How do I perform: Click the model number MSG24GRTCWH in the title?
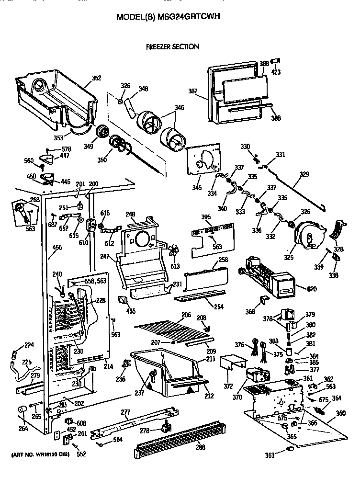(198, 17)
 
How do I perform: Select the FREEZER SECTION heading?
(172, 47)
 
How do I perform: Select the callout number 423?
(276, 72)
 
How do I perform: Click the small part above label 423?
(275, 61)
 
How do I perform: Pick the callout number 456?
(57, 248)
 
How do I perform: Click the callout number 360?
(340, 413)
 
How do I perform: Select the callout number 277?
(125, 412)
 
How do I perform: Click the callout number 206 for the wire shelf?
(186, 315)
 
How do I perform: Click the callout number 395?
(206, 217)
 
